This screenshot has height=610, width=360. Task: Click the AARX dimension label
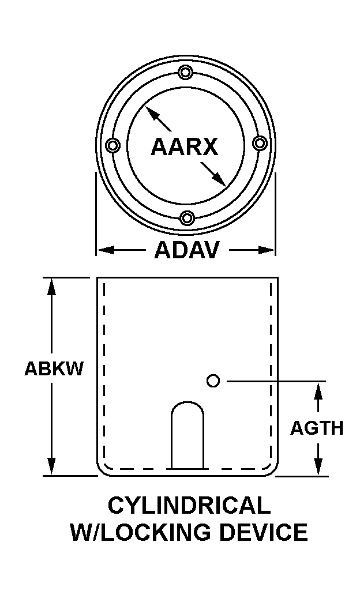click(184, 147)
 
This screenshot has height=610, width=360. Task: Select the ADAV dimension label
click(187, 250)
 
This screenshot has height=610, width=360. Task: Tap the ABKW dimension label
click(54, 368)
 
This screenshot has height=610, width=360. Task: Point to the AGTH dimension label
click(317, 428)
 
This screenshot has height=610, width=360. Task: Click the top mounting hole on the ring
click(186, 73)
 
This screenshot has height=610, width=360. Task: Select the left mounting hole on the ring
click(113, 145)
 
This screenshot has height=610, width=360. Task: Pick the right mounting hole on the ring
click(260, 143)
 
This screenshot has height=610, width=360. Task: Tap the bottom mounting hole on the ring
click(187, 217)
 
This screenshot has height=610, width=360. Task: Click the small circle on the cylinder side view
click(213, 381)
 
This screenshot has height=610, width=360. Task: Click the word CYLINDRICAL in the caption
click(189, 505)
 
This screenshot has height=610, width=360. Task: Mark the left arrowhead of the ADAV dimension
click(105, 250)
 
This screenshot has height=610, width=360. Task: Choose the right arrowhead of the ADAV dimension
click(267, 250)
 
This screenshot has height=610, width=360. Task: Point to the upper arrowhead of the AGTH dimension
click(318, 390)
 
